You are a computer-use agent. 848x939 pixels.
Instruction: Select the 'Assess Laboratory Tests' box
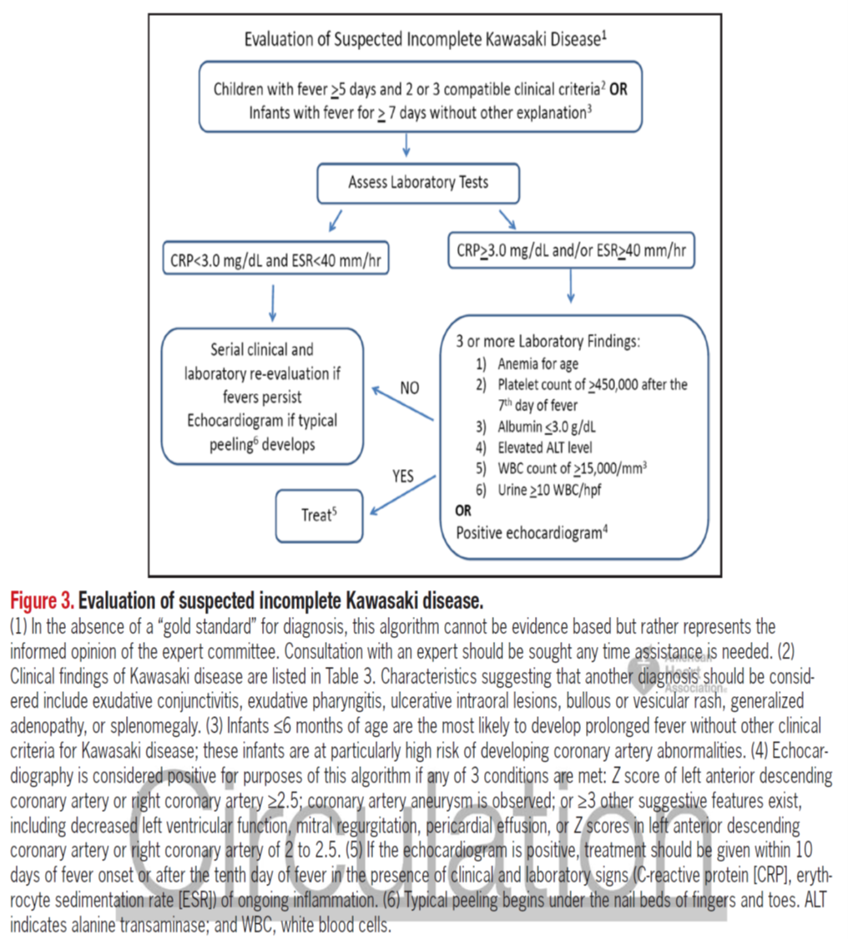tap(418, 183)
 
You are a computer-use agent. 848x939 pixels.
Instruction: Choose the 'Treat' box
tap(318, 515)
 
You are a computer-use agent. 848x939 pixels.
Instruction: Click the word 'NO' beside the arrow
tap(409, 389)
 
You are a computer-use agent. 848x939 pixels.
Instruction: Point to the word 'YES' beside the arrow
tap(403, 477)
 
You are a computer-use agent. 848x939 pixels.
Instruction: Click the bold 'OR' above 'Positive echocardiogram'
tap(463, 511)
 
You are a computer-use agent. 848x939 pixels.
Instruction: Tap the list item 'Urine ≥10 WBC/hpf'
tap(549, 490)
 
